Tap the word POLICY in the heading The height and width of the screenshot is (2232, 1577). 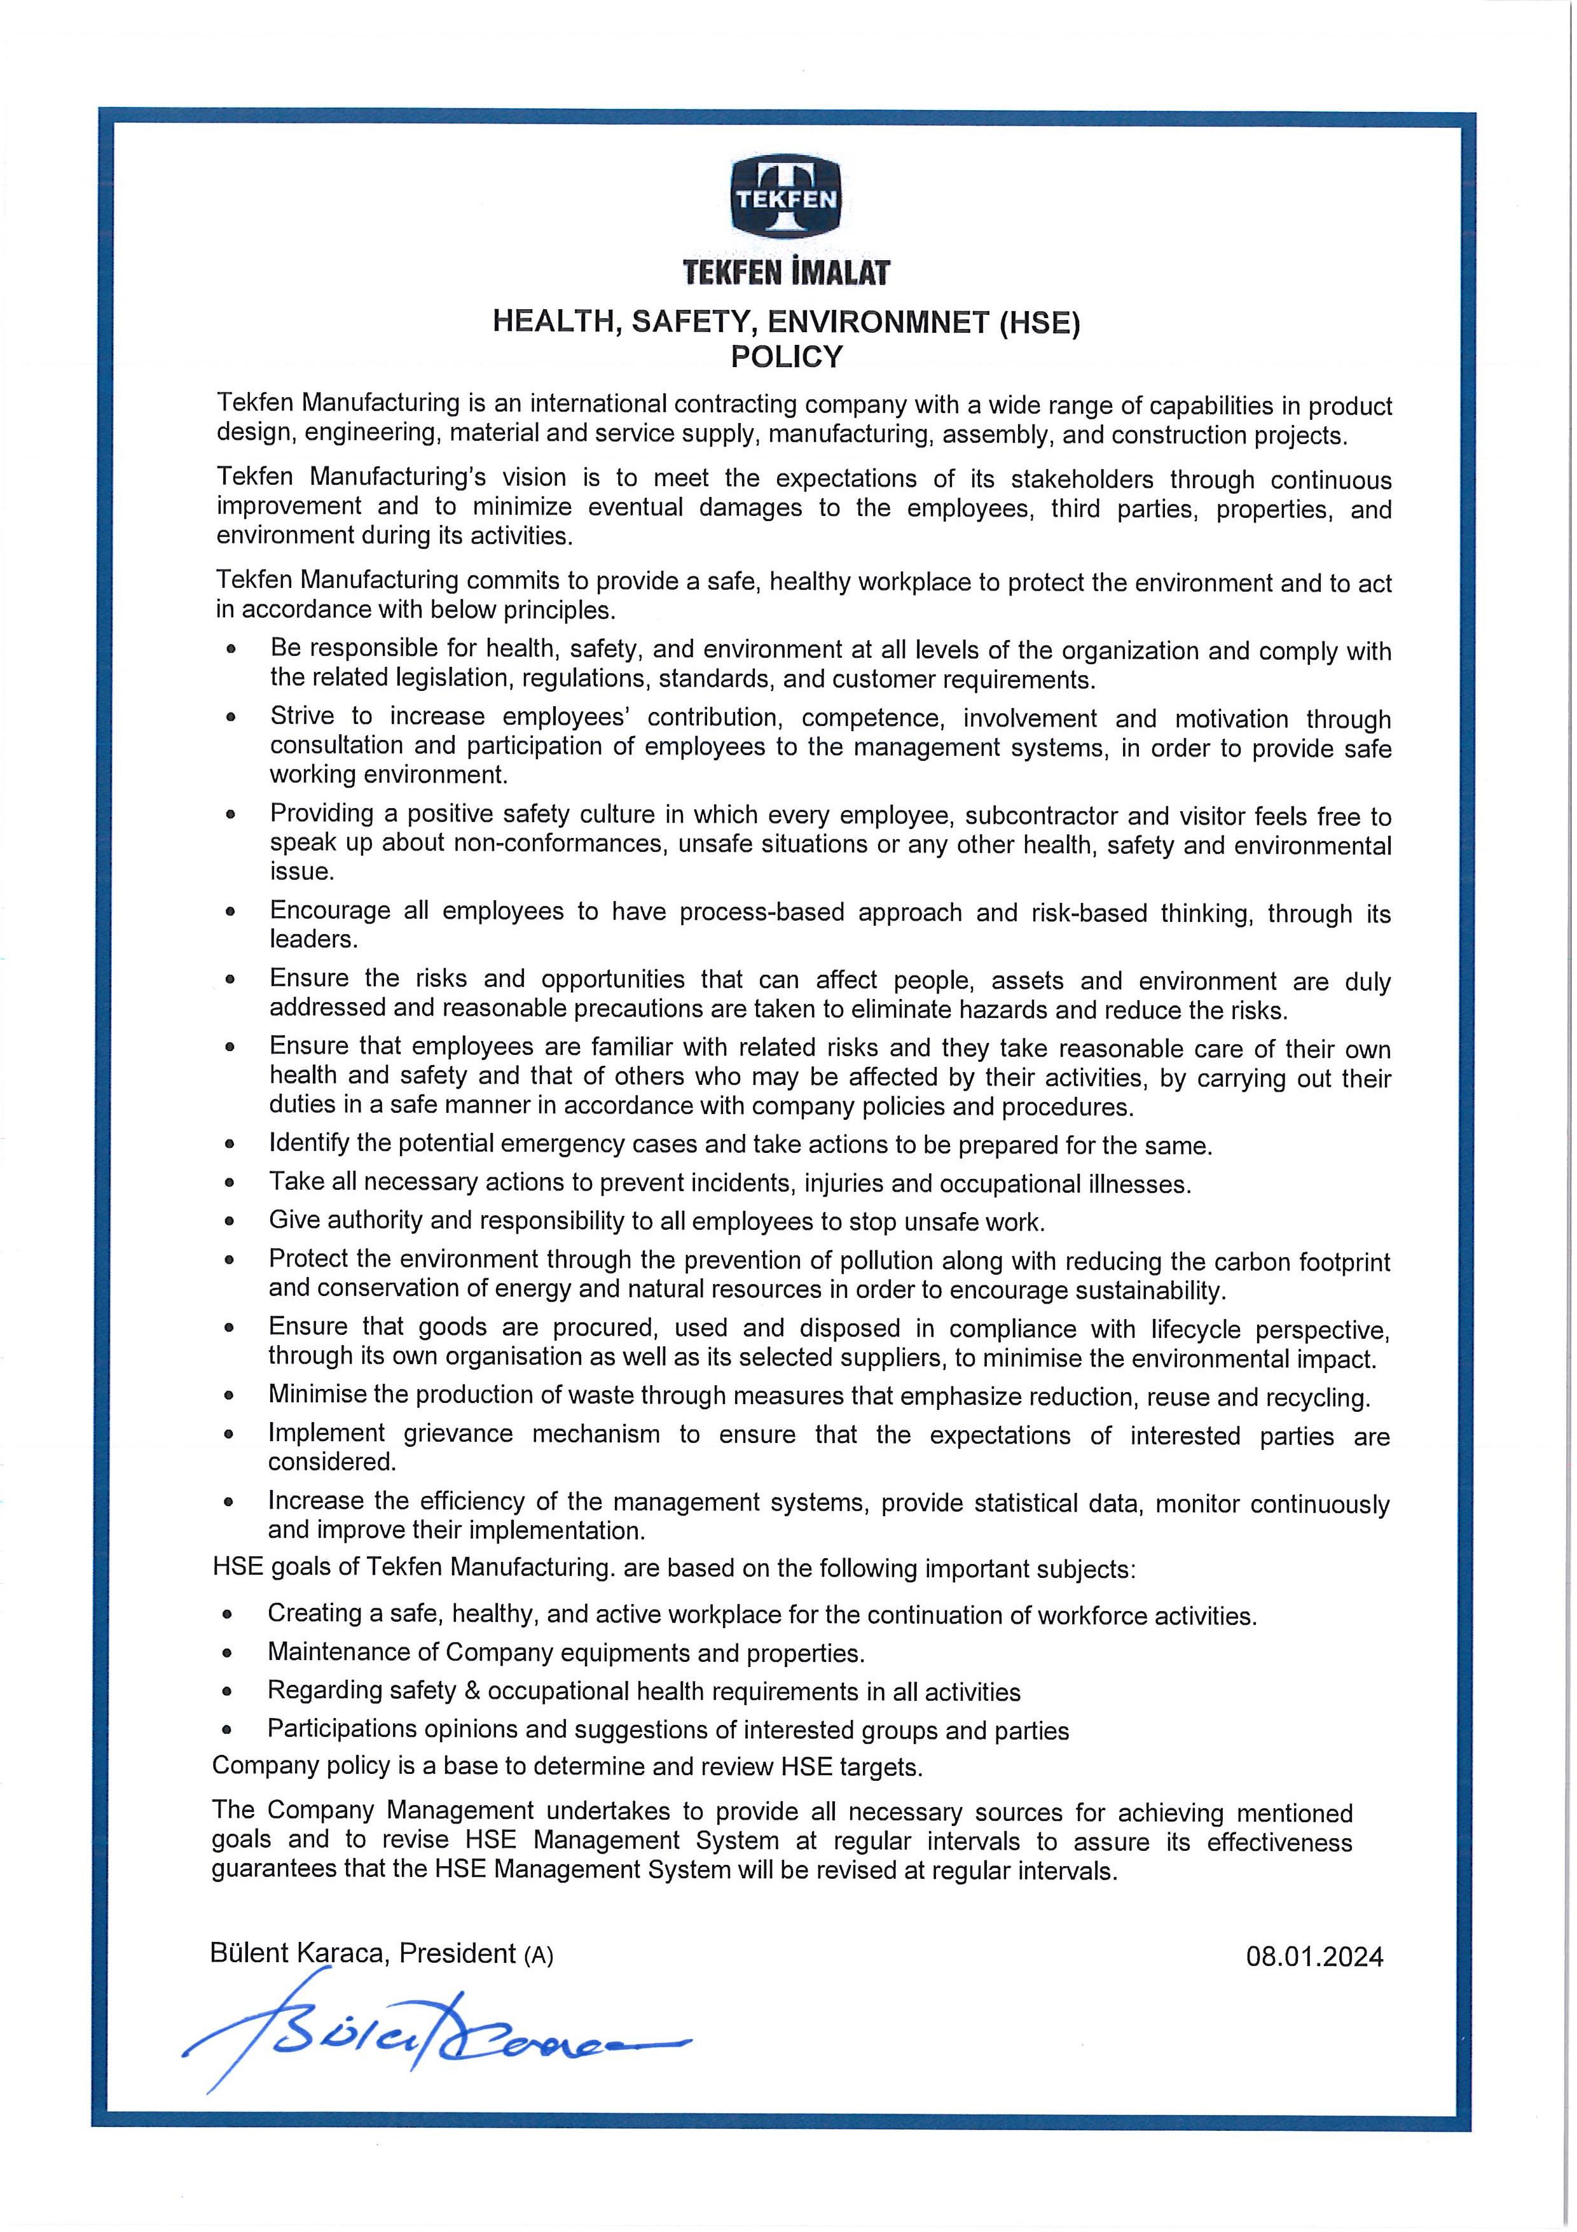[787, 358]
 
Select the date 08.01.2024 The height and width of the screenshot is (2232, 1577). [1314, 1957]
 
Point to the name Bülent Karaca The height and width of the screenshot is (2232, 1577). [300, 1953]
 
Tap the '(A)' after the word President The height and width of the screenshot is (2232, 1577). [539, 1955]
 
